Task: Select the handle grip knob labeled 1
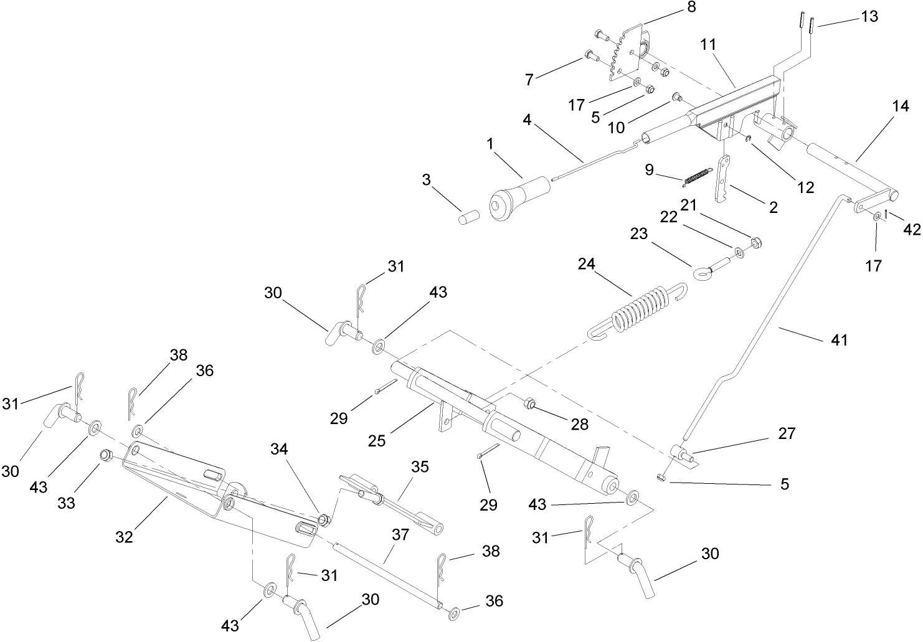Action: [518, 197]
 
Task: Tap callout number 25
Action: [377, 440]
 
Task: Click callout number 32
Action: [125, 536]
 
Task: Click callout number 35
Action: [420, 467]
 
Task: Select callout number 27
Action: [787, 433]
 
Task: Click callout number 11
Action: [708, 45]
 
